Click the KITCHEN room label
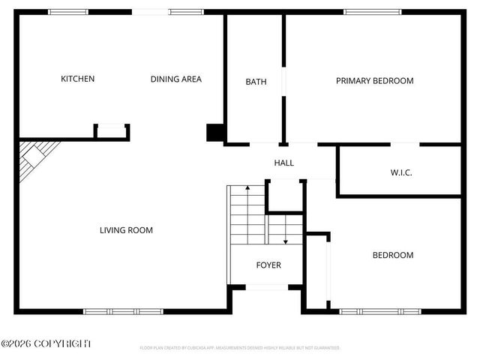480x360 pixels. pos(77,79)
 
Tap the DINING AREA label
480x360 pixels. pos(175,79)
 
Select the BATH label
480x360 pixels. pos(256,82)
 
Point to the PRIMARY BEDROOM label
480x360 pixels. pos(374,81)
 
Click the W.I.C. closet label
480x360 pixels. pos(401,172)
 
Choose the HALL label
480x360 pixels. pos(283,163)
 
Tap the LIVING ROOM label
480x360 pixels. pos(126,230)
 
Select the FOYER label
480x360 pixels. pos(268,265)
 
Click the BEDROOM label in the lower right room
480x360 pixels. pos(393,255)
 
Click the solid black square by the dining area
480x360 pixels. pos(215,132)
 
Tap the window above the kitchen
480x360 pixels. pos(68,12)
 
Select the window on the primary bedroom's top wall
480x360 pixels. pos(367,12)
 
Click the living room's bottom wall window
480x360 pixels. pos(123,310)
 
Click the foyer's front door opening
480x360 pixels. pos(265,287)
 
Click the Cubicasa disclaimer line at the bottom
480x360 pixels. pos(240,348)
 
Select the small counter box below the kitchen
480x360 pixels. pos(112,131)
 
